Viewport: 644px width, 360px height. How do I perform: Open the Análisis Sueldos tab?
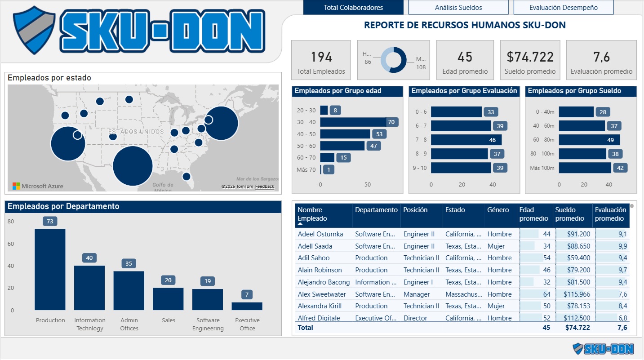458,8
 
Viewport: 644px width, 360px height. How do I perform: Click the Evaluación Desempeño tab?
563,8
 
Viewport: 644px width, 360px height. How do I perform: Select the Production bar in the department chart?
50,269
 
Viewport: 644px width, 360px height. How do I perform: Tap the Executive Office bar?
247,306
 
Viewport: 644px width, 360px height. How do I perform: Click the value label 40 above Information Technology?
89,258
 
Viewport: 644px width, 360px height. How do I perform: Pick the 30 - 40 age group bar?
353,122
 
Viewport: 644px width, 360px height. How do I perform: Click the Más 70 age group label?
306,169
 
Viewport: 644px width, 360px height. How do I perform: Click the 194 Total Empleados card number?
321,57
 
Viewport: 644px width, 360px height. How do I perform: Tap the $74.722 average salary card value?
530,57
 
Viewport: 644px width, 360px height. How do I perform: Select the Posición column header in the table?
415,210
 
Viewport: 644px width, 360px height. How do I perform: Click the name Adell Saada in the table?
315,246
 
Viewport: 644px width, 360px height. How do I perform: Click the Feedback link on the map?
264,186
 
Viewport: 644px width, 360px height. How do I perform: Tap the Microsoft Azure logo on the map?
38,186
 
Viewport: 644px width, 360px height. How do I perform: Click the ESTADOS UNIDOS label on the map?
136,132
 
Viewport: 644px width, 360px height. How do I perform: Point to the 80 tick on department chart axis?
11,222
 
